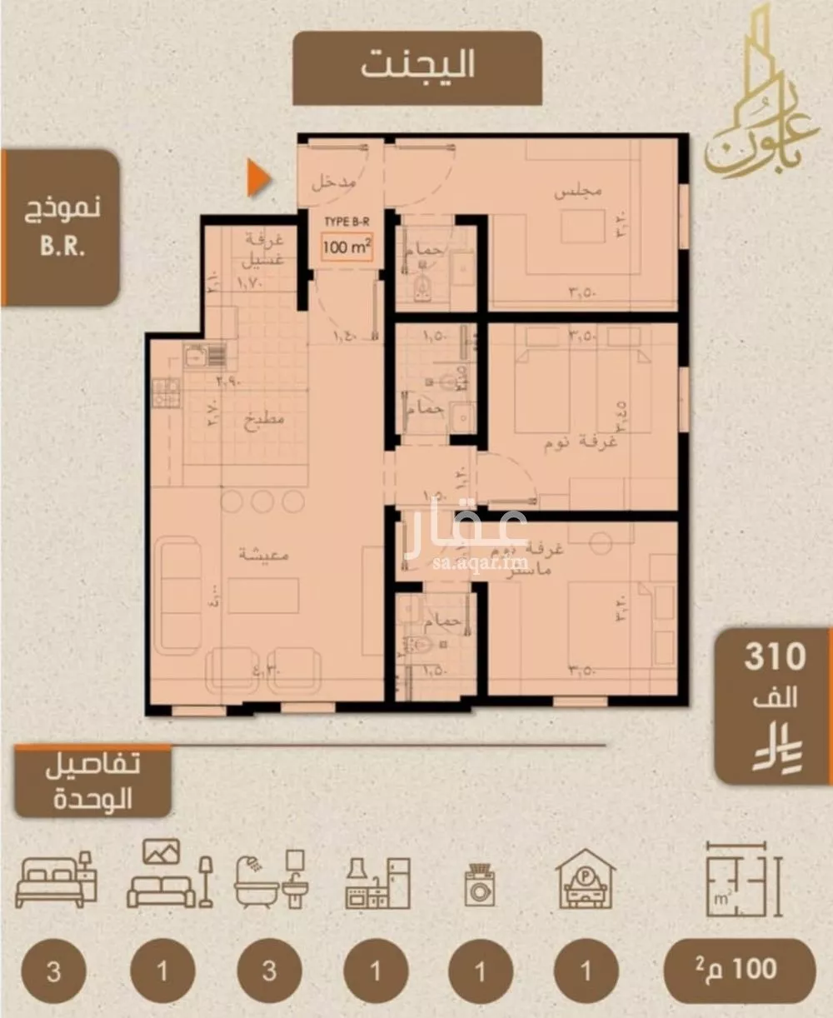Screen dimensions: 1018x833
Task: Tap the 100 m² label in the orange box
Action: click(347, 247)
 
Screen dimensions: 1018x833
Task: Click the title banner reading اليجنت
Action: click(417, 66)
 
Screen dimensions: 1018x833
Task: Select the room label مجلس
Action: click(578, 192)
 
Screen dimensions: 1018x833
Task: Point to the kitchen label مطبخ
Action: click(263, 419)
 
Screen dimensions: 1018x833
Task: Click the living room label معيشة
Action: click(263, 554)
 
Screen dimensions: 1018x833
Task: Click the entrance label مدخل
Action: click(334, 182)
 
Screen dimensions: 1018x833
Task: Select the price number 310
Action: click(775, 657)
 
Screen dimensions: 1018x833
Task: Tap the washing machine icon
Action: click(480, 885)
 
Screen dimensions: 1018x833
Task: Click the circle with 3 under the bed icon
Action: click(54, 971)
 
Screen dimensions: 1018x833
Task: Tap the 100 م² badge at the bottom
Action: click(738, 970)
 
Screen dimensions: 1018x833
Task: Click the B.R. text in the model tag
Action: click(62, 247)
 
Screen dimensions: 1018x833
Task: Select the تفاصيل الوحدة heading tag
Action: click(92, 783)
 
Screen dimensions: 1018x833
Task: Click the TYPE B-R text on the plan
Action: click(347, 222)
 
